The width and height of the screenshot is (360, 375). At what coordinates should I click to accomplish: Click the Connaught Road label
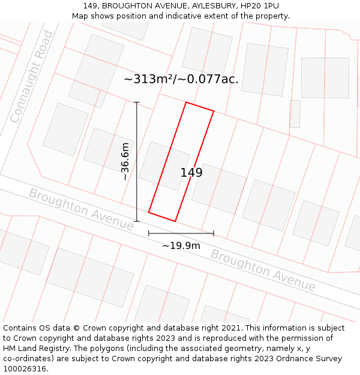pyautogui.click(x=31, y=76)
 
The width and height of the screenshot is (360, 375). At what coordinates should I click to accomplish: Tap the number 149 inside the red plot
pyautogui.click(x=191, y=173)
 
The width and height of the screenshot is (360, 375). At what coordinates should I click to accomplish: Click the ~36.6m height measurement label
pyautogui.click(x=125, y=161)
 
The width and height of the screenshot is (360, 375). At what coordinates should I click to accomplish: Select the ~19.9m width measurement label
pyautogui.click(x=181, y=245)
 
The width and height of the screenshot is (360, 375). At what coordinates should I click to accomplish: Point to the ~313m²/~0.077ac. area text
pyautogui.click(x=181, y=79)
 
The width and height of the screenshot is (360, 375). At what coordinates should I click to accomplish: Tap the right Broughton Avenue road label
pyautogui.click(x=263, y=270)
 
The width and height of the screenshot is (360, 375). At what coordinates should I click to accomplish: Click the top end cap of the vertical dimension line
pyautogui.click(x=137, y=103)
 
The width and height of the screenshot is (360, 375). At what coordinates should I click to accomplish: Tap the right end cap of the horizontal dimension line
pyautogui.click(x=214, y=233)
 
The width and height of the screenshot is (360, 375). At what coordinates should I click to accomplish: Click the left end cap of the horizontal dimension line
pyautogui.click(x=149, y=233)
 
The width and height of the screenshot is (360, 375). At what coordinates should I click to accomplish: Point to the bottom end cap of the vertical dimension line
pyautogui.click(x=137, y=221)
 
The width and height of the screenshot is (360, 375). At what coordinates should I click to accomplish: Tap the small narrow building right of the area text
pyautogui.click(x=295, y=113)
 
